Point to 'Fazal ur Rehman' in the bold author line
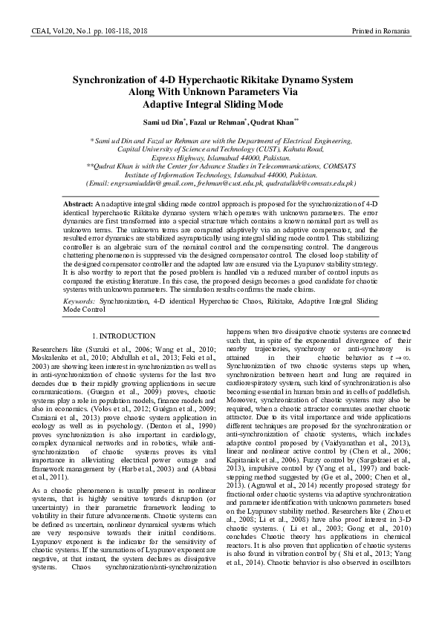point(212,121)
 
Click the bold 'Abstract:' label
point(78,203)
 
